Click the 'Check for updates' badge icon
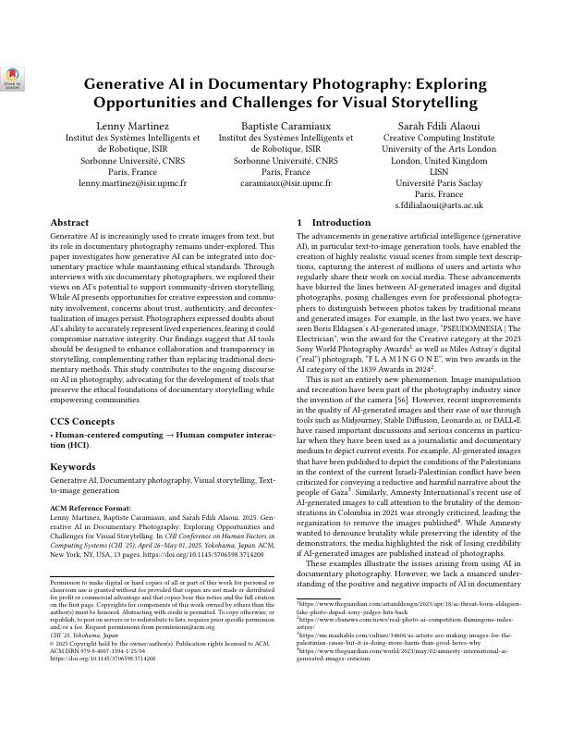(x=13, y=78)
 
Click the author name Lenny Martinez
(x=132, y=125)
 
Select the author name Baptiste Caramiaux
(x=286, y=125)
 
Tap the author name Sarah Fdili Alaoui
(x=439, y=125)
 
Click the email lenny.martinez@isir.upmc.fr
(x=132, y=183)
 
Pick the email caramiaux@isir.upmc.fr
(x=286, y=183)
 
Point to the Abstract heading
(x=69, y=223)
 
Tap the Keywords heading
(x=73, y=467)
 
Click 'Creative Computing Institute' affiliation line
(x=439, y=138)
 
